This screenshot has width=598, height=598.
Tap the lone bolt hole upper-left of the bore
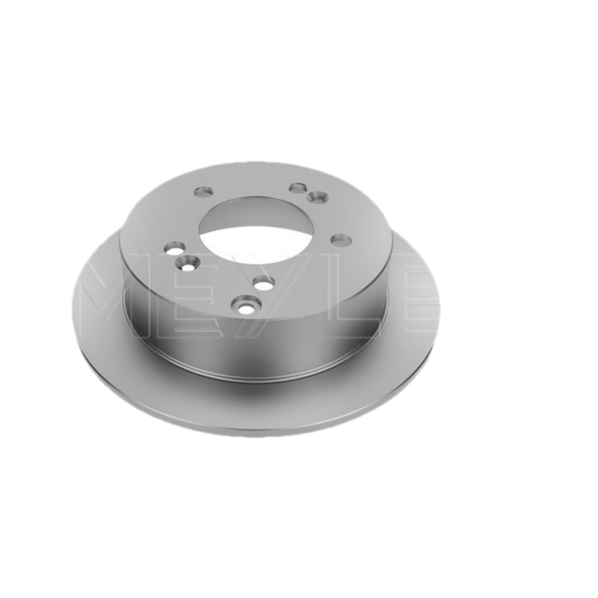pyautogui.click(x=203, y=191)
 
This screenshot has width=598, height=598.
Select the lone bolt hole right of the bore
pyautogui.click(x=341, y=240)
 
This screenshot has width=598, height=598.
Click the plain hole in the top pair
pyautogui.click(x=298, y=188)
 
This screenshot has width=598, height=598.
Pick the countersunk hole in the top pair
pyautogui.click(x=317, y=197)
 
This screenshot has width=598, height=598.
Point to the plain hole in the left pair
pyautogui.click(x=175, y=249)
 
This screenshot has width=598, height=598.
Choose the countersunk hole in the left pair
pyautogui.click(x=186, y=263)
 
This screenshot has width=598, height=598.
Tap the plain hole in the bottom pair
pyautogui.click(x=264, y=283)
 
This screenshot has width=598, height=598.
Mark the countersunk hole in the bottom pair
pyautogui.click(x=247, y=305)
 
